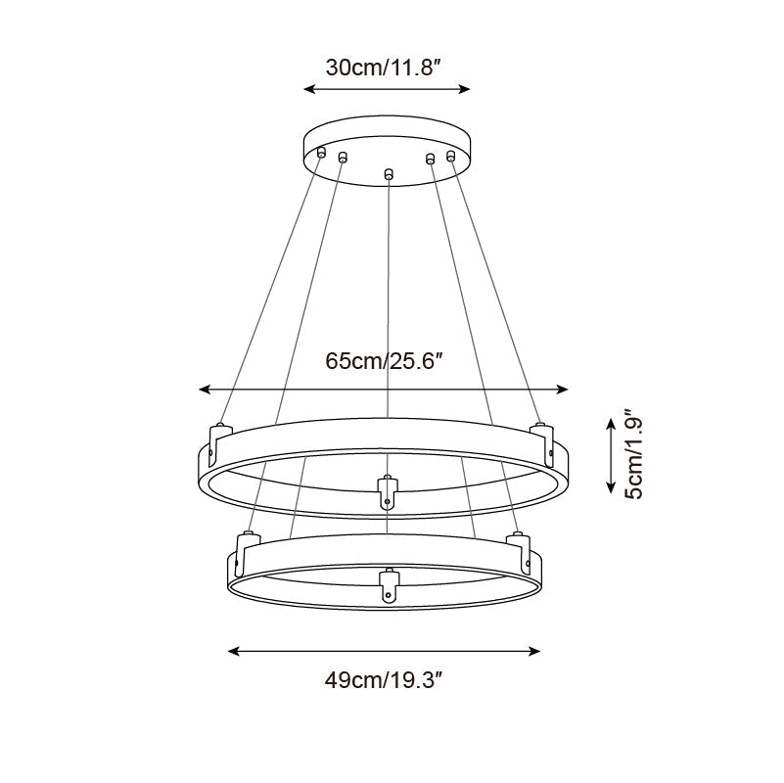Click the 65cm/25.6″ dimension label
click(386, 361)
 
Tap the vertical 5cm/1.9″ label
click(635, 454)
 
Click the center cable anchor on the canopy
click(389, 174)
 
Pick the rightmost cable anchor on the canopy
click(451, 155)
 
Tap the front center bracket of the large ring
click(388, 492)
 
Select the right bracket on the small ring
click(518, 547)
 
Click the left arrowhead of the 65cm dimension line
click(204, 390)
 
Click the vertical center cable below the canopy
click(389, 313)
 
